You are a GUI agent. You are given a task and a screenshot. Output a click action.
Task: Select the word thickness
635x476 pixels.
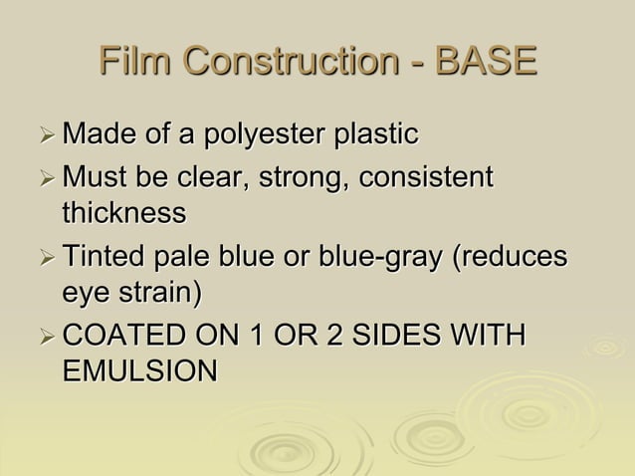[123, 213]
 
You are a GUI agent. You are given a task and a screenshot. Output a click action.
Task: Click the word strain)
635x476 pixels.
[159, 293]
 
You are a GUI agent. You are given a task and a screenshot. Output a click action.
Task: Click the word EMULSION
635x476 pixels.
[140, 371]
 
